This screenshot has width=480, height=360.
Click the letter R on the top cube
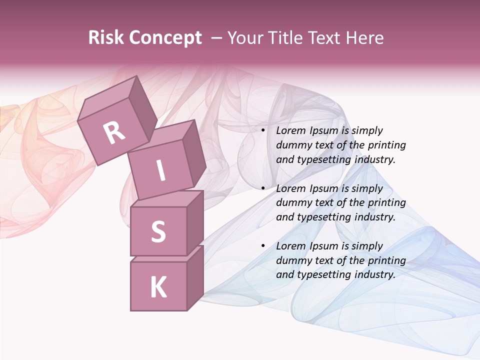pos(114,132)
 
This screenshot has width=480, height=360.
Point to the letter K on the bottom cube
pos(158,287)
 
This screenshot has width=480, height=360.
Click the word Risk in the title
pos(105,38)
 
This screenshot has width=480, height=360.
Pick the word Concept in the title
pos(165,38)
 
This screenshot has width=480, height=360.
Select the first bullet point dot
pos(263,131)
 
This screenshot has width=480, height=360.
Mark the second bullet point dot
pos(263,188)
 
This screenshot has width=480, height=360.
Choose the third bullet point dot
pos(263,246)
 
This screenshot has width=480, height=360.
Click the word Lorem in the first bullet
pos(290,131)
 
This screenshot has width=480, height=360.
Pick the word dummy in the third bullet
pos(291,260)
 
